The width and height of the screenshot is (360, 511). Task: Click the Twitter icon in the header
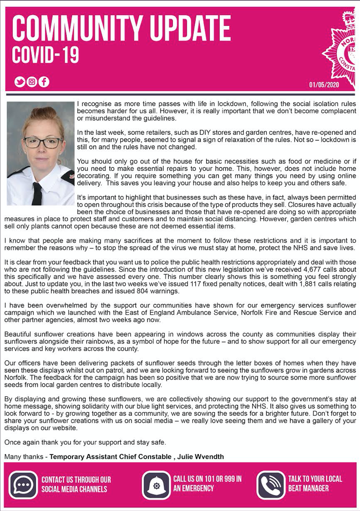[20, 82]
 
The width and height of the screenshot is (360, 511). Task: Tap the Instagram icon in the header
[32, 82]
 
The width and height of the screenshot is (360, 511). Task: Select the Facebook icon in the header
[44, 82]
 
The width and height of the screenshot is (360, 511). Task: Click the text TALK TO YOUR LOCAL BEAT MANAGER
[315, 484]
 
